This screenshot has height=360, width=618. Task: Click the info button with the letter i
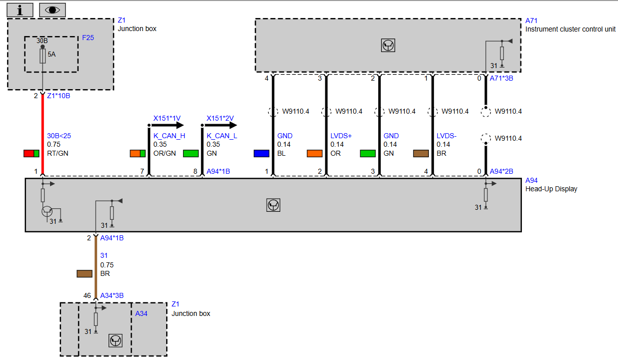pyautogui.click(x=20, y=10)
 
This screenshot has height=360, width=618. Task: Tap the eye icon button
pyautogui.click(x=53, y=10)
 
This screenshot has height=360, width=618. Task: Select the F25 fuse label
pyautogui.click(x=88, y=38)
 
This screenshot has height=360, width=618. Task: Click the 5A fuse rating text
pyautogui.click(x=52, y=54)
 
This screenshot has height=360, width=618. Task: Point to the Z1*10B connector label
pyautogui.click(x=59, y=96)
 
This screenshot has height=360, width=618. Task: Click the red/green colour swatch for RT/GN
pyautogui.click(x=32, y=154)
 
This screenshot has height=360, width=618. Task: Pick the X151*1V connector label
pyautogui.click(x=167, y=119)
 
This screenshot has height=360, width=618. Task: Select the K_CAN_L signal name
pyautogui.click(x=222, y=136)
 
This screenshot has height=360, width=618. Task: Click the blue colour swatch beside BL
pyautogui.click(x=261, y=154)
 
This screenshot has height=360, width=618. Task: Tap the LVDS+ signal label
pyautogui.click(x=341, y=136)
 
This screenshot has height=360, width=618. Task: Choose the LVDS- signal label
pyautogui.click(x=446, y=136)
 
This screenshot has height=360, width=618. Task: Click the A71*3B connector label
pyautogui.click(x=501, y=79)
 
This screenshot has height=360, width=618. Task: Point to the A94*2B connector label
pyautogui.click(x=501, y=171)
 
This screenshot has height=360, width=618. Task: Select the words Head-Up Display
pyautogui.click(x=551, y=189)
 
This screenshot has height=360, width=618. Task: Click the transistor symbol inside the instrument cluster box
pyautogui.click(x=388, y=46)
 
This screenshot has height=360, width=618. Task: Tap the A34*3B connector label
pyautogui.click(x=112, y=296)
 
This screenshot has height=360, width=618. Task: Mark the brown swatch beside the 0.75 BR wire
pyautogui.click(x=85, y=273)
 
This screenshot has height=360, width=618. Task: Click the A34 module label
pyautogui.click(x=141, y=313)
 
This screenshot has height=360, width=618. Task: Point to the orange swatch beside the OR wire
pyautogui.click(x=315, y=154)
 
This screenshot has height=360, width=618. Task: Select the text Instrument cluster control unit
pyautogui.click(x=570, y=29)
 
